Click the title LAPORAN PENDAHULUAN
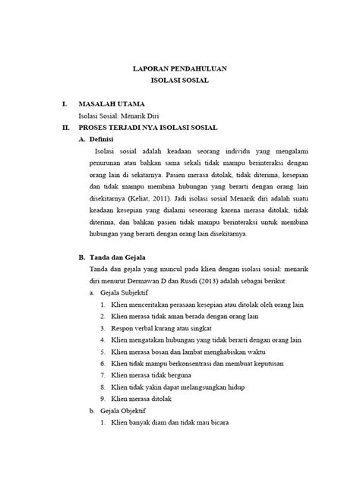coord(179,67)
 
